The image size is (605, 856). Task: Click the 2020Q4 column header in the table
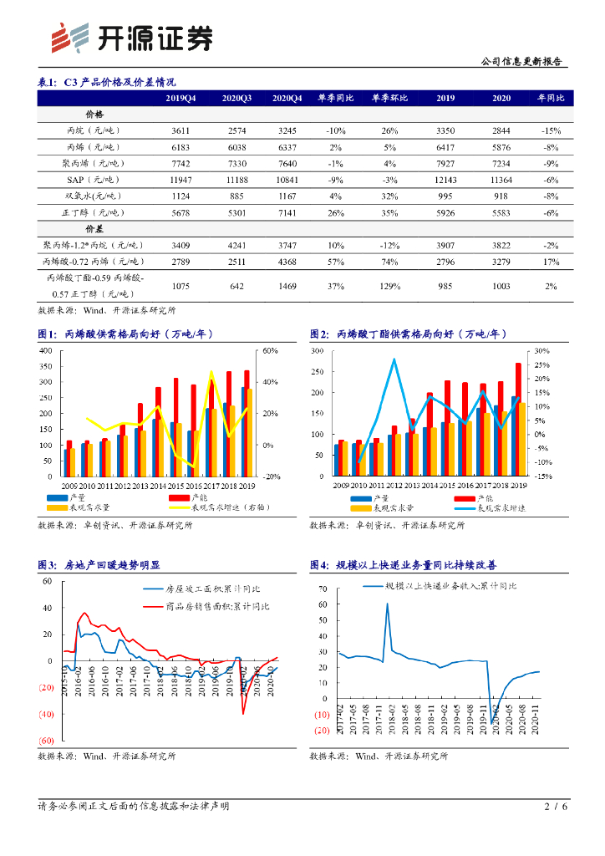coord(287,98)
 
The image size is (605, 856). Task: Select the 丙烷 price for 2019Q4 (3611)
coord(181,131)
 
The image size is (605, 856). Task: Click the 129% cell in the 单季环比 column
coord(389,287)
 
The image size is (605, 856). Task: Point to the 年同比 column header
coord(550,98)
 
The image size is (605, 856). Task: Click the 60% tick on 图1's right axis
coord(270,350)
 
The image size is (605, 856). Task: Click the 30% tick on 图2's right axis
coord(541,351)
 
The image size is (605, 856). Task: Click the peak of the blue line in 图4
coord(387,604)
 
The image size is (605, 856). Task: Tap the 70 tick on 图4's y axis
coord(323,588)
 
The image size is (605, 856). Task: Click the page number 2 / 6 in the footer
coord(556,807)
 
